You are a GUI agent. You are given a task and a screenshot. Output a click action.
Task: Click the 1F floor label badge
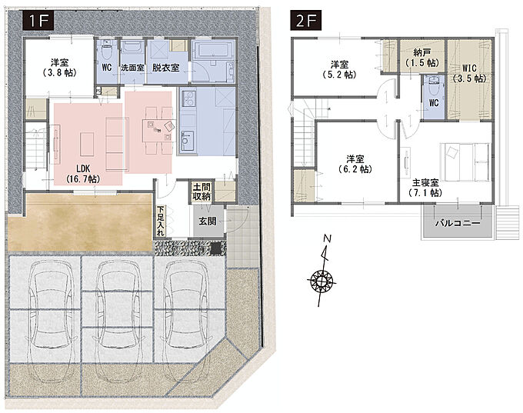tap(38, 21)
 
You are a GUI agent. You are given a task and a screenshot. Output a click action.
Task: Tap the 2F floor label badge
tap(305, 21)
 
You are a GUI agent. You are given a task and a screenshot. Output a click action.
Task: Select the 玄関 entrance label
tap(208, 221)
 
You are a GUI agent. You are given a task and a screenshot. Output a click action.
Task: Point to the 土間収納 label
tap(202, 192)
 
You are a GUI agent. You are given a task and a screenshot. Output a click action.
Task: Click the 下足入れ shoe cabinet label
tap(161, 221)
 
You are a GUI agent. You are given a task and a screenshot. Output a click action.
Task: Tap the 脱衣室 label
tap(166, 68)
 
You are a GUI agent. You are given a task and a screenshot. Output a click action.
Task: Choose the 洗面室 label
tap(132, 68)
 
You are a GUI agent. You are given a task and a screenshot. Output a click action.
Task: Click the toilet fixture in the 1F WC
tap(107, 50)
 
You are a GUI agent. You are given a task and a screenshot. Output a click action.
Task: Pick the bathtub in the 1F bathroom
tap(214, 51)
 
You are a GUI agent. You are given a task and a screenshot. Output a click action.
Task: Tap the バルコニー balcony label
tap(458, 223)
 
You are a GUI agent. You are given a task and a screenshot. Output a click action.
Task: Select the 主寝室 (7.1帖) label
tap(425, 188)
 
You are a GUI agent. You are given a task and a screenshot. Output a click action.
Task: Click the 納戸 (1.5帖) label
tap(422, 58)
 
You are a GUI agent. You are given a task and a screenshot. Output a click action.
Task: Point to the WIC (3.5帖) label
tap(469, 73)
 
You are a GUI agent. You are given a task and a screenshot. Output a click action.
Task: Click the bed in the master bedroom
tap(465, 162)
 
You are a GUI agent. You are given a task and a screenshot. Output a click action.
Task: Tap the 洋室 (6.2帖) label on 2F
tap(355, 164)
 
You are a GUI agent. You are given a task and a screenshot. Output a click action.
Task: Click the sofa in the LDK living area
tap(117, 144)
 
